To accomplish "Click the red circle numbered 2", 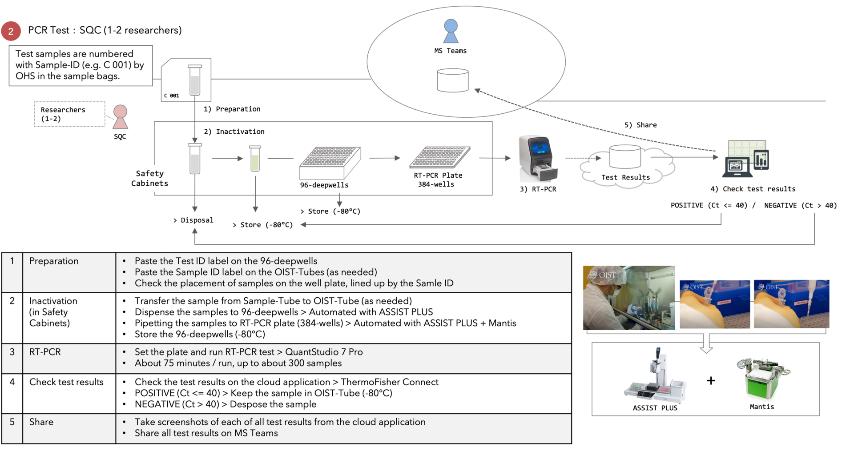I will (x=11, y=31).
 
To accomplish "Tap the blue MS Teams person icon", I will (x=451, y=31).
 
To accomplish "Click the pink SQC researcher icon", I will (x=120, y=117).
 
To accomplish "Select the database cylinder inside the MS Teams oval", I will (x=452, y=80).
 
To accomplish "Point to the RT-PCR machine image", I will (x=538, y=159).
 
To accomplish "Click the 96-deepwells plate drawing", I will (x=330, y=163).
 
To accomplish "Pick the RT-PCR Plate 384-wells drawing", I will (x=439, y=157).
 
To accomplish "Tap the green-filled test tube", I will (x=255, y=159).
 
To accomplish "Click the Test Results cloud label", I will (x=625, y=177).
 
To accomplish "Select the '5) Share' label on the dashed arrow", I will (x=640, y=125).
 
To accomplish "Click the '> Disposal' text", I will (x=193, y=220).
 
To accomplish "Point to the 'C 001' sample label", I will (x=172, y=96).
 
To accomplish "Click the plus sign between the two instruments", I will (x=711, y=380).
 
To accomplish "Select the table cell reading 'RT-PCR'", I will (x=45, y=352).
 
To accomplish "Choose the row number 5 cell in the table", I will (x=12, y=422).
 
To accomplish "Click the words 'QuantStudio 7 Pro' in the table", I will (x=324, y=352).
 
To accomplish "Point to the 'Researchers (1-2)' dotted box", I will (x=69, y=114).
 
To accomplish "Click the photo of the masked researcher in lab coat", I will (x=628, y=298).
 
